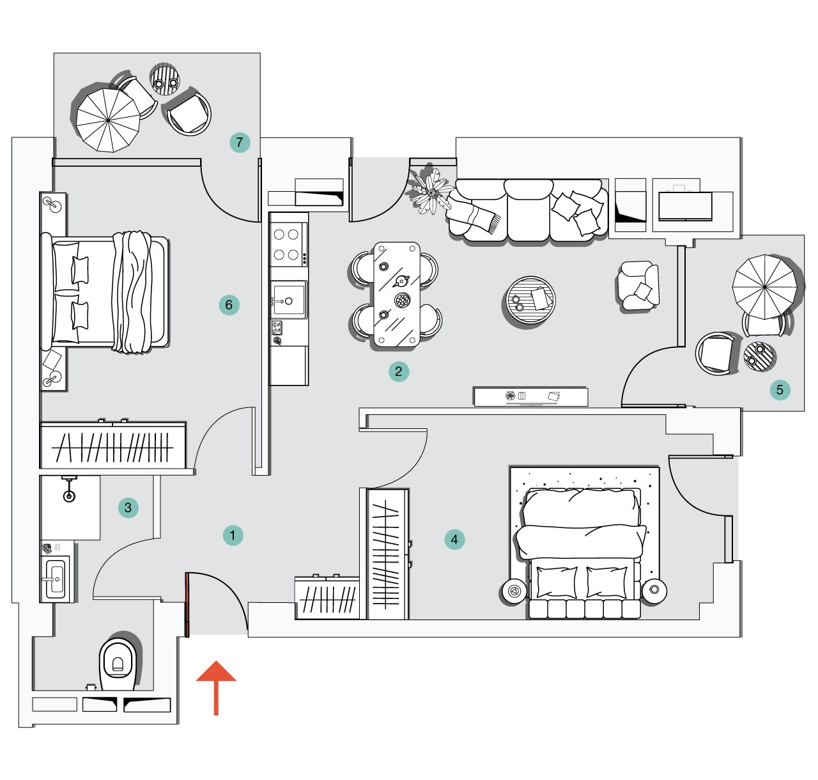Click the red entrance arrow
click(x=216, y=687)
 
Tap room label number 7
click(x=240, y=143)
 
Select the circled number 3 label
click(x=128, y=508)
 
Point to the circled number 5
click(x=780, y=389)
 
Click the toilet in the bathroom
click(x=118, y=664)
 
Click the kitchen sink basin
click(x=288, y=300)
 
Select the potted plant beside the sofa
click(x=431, y=191)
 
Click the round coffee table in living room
click(x=529, y=301)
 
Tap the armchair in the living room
click(x=638, y=286)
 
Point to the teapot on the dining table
click(x=401, y=282)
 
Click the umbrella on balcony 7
click(x=108, y=120)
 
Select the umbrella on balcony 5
click(x=765, y=287)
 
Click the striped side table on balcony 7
click(x=165, y=79)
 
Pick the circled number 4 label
click(x=454, y=540)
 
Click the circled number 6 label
click(x=229, y=305)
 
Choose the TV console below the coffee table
click(x=531, y=396)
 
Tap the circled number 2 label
click(x=399, y=371)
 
